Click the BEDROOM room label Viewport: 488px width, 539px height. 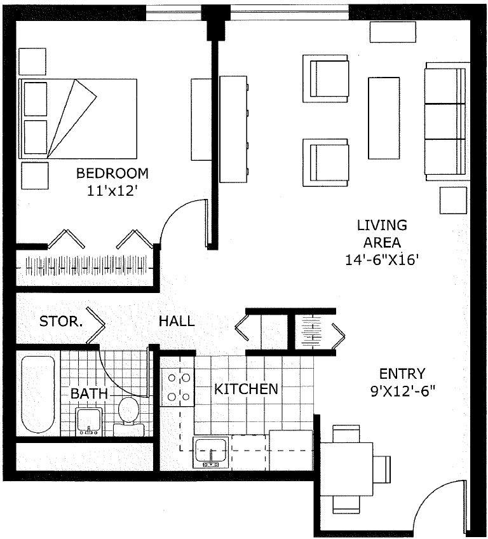[112, 173]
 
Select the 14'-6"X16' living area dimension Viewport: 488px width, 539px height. [381, 259]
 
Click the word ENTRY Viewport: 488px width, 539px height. [402, 373]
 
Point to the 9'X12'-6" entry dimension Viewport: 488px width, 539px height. [402, 390]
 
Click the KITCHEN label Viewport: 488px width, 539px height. [245, 389]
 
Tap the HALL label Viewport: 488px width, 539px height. [176, 322]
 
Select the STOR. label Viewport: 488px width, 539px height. [61, 322]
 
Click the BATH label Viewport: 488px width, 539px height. [89, 394]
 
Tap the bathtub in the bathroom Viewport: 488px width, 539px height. [37, 394]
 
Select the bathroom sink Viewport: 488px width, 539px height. [89, 421]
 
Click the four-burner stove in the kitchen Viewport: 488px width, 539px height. [179, 388]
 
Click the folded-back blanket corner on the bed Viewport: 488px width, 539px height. [71, 114]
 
